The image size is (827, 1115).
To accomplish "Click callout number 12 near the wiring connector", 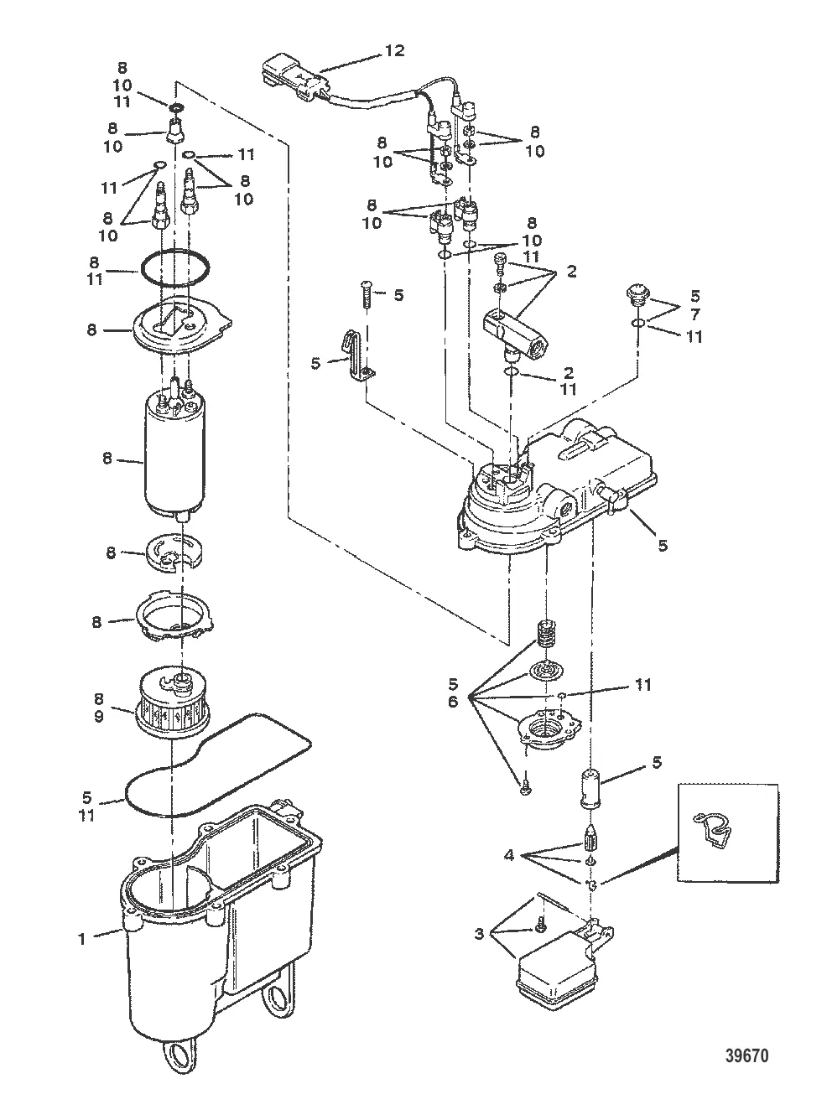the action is (395, 51).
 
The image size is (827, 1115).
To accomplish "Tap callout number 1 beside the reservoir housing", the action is (81, 938).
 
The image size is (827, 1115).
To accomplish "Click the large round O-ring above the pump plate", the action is (174, 269).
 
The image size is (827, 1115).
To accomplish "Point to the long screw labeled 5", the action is (366, 295).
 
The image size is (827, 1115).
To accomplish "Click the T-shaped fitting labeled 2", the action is (516, 334).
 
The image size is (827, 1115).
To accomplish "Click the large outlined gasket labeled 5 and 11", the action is (217, 764).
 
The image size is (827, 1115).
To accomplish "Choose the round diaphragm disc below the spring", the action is (546, 670).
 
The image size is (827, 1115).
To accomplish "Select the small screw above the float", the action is (538, 923).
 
